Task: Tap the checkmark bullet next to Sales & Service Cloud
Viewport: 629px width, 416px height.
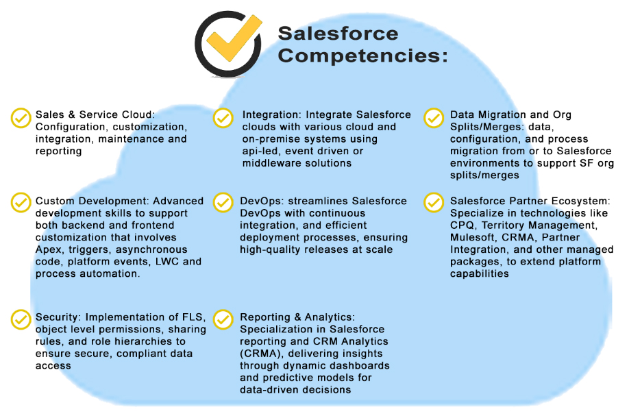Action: (x=21, y=118)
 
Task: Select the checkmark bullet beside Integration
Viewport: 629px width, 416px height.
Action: (x=223, y=118)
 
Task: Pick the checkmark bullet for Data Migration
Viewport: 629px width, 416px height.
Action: (x=434, y=118)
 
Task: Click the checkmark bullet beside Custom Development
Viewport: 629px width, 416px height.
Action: (x=21, y=203)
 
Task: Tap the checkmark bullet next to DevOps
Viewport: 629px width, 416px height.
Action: (x=223, y=203)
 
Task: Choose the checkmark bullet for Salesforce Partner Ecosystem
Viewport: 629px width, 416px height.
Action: (x=434, y=203)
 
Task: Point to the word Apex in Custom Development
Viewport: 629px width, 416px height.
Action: (x=48, y=249)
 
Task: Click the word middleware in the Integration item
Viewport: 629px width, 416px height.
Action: (x=272, y=163)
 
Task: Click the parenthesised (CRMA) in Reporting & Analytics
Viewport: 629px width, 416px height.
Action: (x=260, y=354)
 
